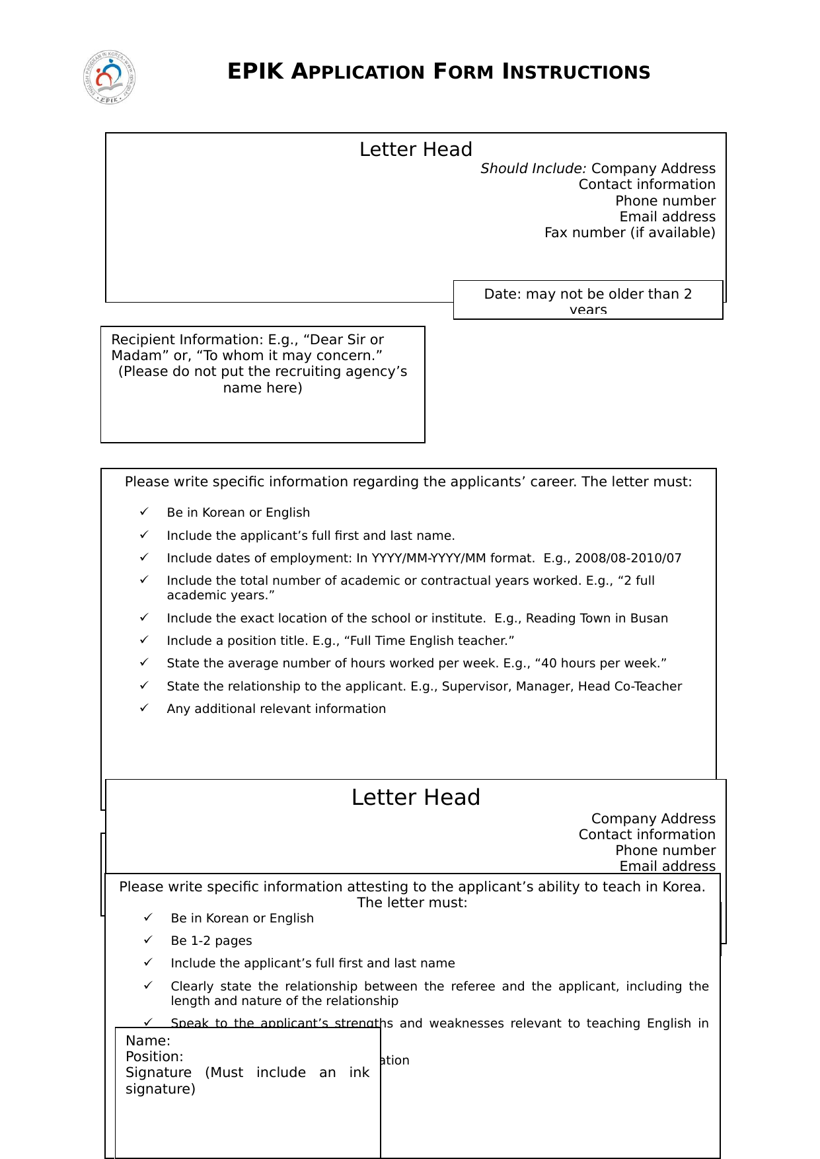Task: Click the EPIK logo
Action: point(110,77)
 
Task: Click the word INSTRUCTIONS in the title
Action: point(576,72)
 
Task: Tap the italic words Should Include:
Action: point(533,168)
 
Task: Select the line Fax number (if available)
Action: point(630,233)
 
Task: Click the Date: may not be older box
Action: point(587,299)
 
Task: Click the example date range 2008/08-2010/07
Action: point(628,558)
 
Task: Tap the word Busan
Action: point(649,618)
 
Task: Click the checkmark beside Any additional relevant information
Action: point(144,708)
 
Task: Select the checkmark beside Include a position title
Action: point(144,640)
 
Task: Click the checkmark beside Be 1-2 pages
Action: point(148,940)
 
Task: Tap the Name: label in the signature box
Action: point(148,1041)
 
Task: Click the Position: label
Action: point(155,1057)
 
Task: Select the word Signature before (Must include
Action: point(159,1072)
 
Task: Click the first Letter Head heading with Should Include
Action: point(416,150)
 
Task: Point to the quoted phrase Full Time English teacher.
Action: point(429,641)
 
